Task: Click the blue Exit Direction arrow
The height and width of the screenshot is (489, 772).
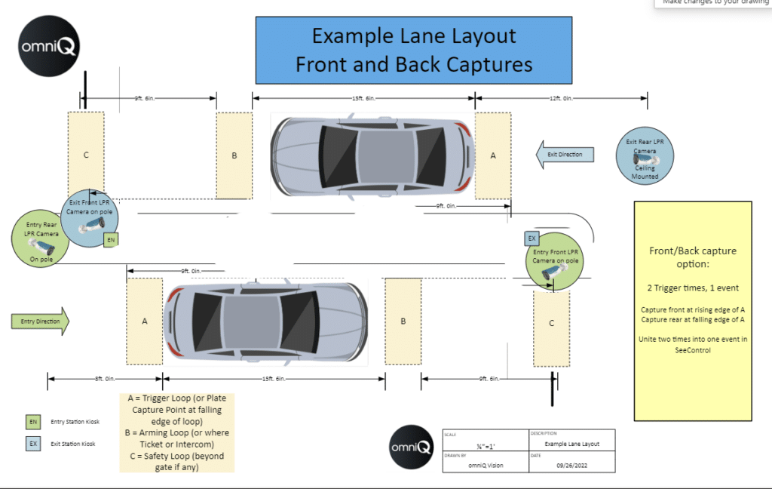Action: pos(565,155)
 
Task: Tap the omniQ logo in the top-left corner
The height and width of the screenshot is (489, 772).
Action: pos(49,47)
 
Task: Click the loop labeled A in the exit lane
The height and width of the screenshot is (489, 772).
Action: pos(493,155)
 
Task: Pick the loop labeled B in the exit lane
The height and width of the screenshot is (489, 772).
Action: pos(234,155)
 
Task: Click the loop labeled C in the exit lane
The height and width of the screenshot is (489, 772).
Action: pos(86,155)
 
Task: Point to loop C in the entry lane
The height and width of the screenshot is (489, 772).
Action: pos(551,323)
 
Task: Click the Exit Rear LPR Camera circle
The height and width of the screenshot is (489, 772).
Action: pos(645,155)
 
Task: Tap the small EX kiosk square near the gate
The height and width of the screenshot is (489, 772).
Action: pos(532,238)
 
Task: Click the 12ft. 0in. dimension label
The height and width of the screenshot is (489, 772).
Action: pos(561,98)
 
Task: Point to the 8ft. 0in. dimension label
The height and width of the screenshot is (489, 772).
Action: pos(104,378)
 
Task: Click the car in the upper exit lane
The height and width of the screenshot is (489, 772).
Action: pos(372,155)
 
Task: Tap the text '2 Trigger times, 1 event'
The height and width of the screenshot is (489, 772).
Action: pos(693,288)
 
